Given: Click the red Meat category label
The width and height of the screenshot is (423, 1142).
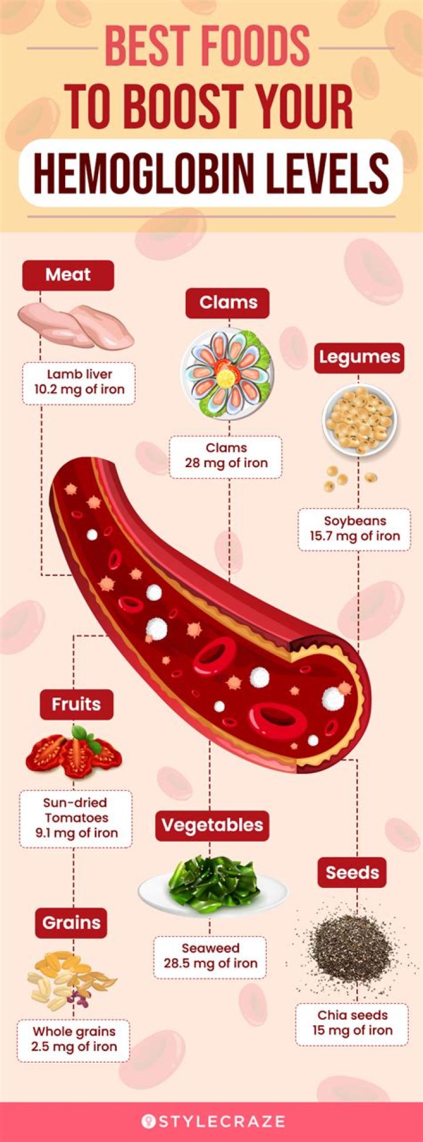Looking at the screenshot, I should point(68,275).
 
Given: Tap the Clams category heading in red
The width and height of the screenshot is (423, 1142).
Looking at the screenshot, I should point(228,303).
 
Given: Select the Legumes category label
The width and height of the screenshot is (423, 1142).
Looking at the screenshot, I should point(359,357).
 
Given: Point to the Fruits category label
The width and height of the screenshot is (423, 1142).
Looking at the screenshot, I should point(76,704).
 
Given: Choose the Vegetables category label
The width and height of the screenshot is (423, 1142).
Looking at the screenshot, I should point(212,825).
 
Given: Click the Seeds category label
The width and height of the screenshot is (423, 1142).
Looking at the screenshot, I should point(352,873).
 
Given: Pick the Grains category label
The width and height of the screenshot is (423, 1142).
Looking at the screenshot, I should point(72,923).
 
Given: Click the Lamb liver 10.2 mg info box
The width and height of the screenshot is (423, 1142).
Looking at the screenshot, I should point(79,381).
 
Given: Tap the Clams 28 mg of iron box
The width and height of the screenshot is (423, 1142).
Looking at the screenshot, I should point(226,456).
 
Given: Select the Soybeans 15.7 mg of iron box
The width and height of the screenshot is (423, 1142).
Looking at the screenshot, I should point(355,529).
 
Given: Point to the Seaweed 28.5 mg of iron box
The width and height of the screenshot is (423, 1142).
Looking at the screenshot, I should point(210,956).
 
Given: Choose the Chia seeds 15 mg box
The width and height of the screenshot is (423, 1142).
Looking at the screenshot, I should point(352,1023).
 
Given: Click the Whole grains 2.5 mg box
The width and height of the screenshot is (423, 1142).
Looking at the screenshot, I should point(74,1039).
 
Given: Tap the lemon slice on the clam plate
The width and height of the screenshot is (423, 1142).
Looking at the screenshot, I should point(225,378).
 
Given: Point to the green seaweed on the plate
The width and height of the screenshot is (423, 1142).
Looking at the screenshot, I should point(213,884).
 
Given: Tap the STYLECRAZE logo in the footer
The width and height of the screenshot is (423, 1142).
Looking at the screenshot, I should point(213,1121).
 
